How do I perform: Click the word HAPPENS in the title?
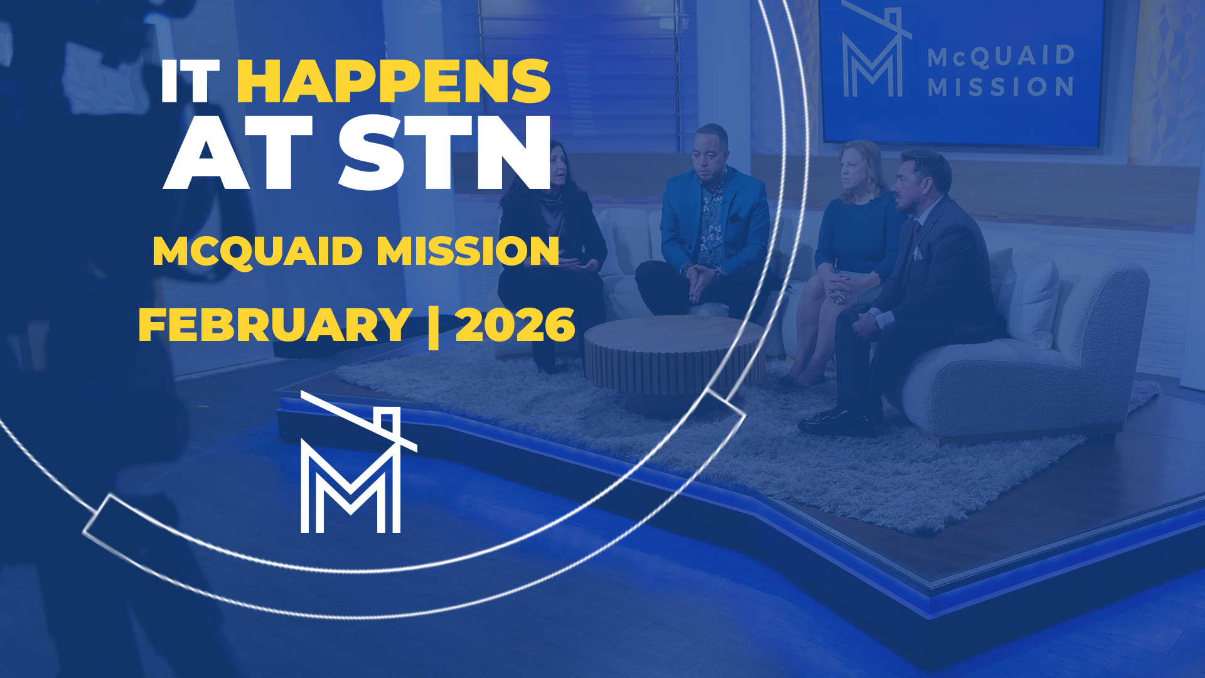(394, 82)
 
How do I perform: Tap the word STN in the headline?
(446, 154)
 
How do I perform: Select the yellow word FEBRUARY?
(275, 325)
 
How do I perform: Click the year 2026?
(515, 325)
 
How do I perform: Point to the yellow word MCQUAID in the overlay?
(257, 251)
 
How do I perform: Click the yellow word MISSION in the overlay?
(468, 251)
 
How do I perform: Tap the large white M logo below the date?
(351, 471)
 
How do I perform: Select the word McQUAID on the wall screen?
(1001, 56)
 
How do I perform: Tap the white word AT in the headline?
(238, 154)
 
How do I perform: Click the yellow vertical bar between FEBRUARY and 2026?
(433, 326)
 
